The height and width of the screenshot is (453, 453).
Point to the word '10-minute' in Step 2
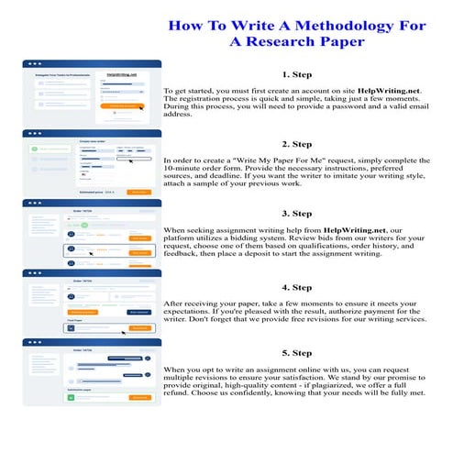187,171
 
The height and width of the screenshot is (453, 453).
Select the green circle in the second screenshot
33,148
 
